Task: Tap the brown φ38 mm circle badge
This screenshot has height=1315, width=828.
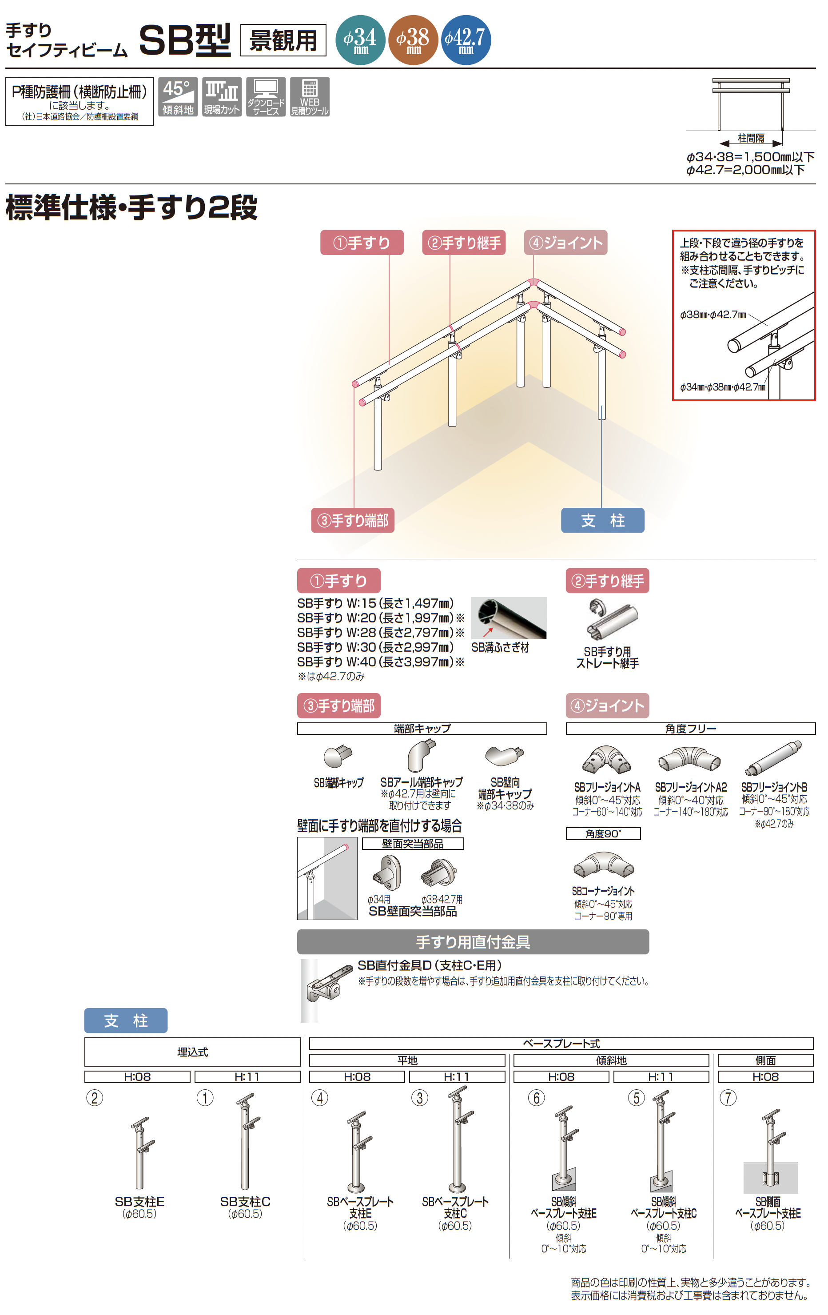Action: [x=413, y=40]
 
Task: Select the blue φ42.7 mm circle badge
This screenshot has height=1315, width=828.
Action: [x=466, y=40]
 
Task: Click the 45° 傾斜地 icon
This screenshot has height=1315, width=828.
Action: [x=178, y=97]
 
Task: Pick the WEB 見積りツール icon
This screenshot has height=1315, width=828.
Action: [x=310, y=97]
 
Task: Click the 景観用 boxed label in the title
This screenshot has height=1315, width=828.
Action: [x=283, y=40]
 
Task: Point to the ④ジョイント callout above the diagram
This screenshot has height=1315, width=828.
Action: [x=566, y=243]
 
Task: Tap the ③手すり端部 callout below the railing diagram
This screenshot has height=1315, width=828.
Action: [x=353, y=520]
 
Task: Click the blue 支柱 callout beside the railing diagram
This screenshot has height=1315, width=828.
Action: [x=602, y=520]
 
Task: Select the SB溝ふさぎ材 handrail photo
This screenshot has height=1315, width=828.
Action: [x=509, y=618]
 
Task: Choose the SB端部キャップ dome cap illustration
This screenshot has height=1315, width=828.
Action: [x=338, y=756]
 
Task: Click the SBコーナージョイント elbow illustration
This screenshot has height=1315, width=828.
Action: [x=604, y=864]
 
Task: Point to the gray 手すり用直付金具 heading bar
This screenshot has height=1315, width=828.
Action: [x=473, y=942]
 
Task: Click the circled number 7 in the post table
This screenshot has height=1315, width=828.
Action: [x=728, y=1098]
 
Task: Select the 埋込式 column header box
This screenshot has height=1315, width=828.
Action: [x=193, y=1052]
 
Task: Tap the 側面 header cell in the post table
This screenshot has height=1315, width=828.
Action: [x=765, y=1060]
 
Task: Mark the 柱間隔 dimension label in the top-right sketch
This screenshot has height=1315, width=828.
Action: [x=751, y=138]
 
